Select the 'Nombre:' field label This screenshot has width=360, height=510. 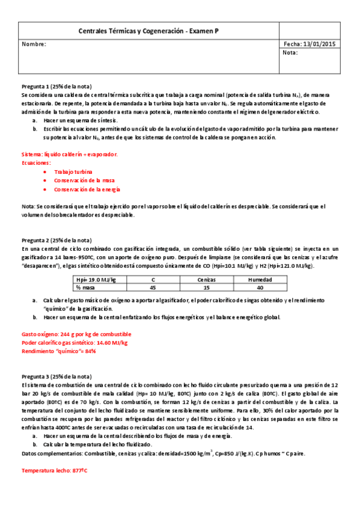point(34,44)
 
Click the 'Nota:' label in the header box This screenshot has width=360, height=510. point(290,53)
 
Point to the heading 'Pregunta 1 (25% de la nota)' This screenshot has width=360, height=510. point(56,87)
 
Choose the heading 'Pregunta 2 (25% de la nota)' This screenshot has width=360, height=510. point(56,241)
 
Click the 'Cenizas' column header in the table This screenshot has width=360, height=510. point(207,280)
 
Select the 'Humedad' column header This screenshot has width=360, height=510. point(261,280)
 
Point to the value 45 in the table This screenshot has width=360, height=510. point(153,288)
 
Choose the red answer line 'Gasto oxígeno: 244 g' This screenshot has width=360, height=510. point(76,334)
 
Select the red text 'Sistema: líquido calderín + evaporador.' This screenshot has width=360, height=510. point(70,155)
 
